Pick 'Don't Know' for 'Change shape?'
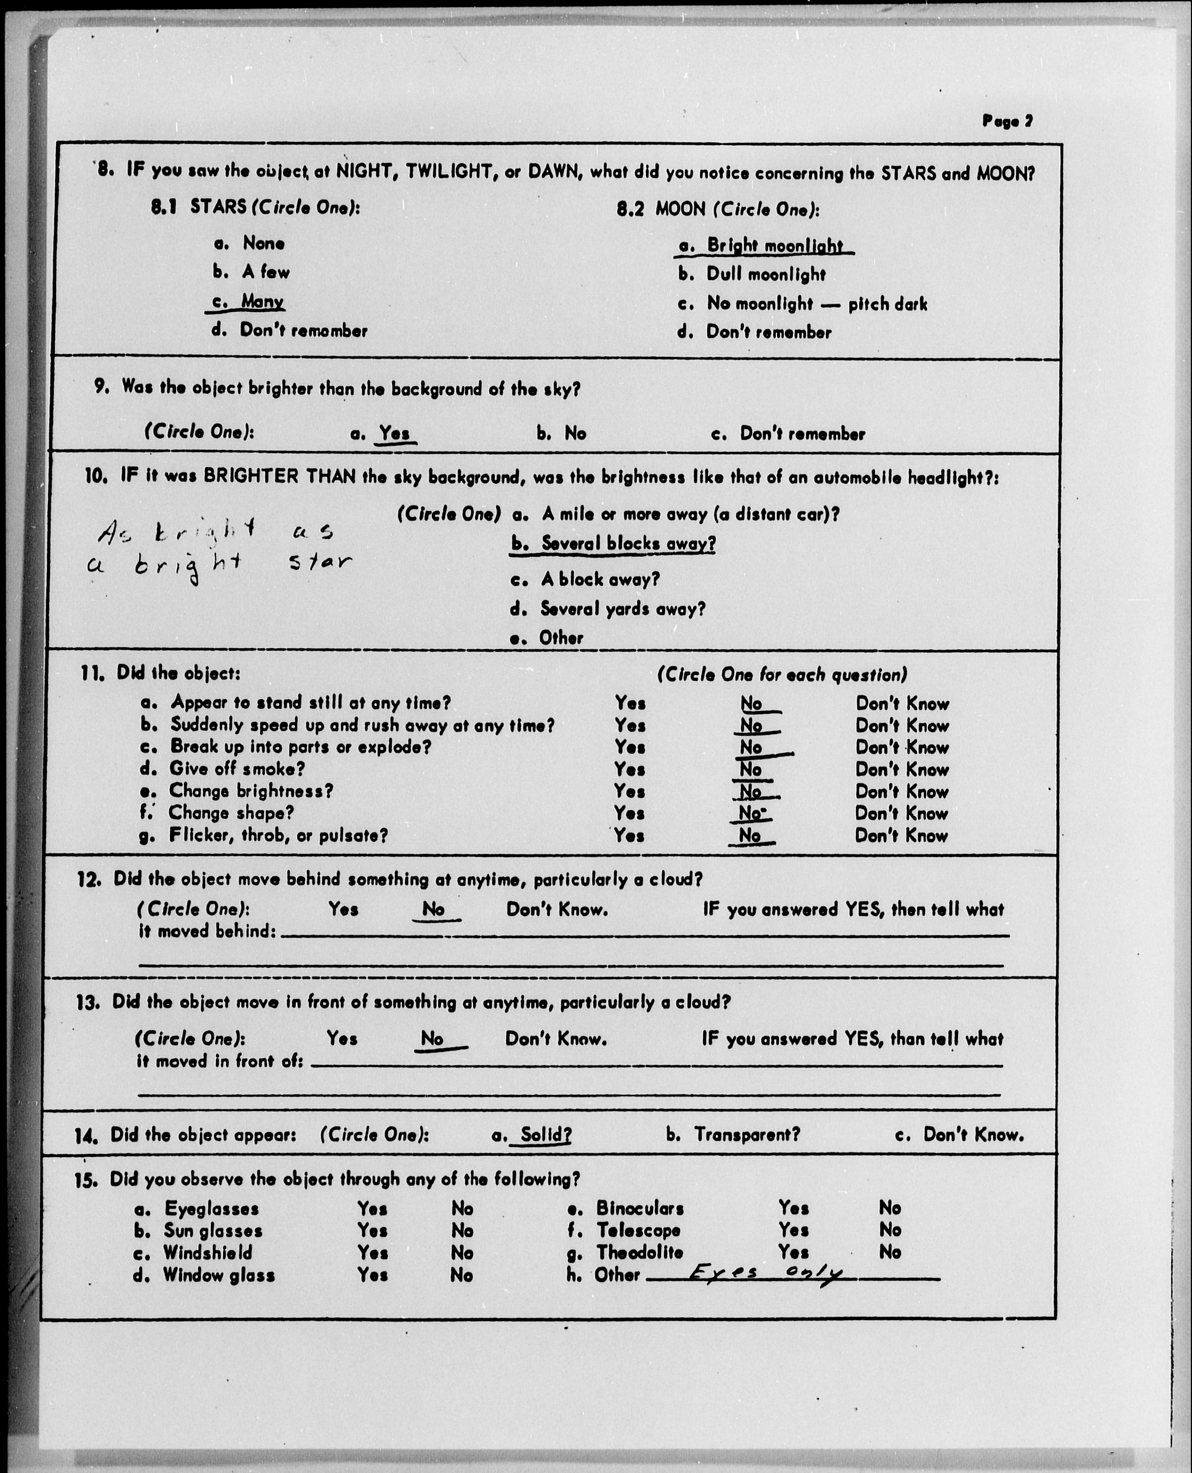coord(902,813)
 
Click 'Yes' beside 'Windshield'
coord(372,1253)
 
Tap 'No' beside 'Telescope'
coord(890,1230)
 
